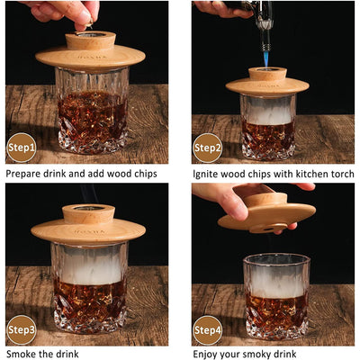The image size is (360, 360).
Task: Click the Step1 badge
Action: (22, 148)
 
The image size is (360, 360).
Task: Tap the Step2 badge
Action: (208, 148)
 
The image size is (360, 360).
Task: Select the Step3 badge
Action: (22, 330)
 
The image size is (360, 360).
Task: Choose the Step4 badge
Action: (208, 330)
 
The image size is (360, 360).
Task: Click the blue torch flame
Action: (265, 59)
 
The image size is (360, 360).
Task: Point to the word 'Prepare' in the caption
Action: (23, 174)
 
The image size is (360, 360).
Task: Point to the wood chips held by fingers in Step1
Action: (89, 22)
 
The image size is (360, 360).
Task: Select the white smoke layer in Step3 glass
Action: (90, 264)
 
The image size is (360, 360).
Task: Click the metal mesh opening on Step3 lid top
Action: (89, 208)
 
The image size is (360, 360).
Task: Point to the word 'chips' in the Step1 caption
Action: (145, 174)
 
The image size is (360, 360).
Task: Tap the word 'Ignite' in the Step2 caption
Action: (205, 175)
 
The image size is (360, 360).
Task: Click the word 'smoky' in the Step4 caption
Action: (259, 355)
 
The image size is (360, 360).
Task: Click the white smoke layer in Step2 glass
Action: (268, 112)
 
